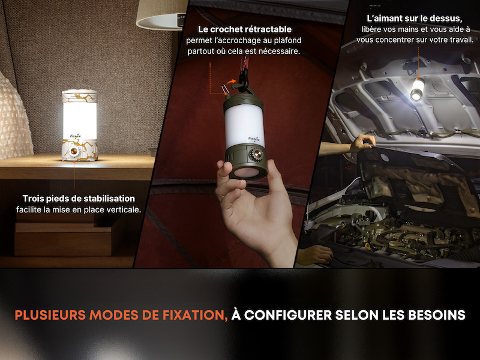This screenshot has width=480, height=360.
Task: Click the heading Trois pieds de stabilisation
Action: [79, 199]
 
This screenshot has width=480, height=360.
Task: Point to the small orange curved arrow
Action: [232, 82]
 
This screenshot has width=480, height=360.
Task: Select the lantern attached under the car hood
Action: [416, 89]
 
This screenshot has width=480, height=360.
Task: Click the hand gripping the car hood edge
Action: [362, 143]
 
